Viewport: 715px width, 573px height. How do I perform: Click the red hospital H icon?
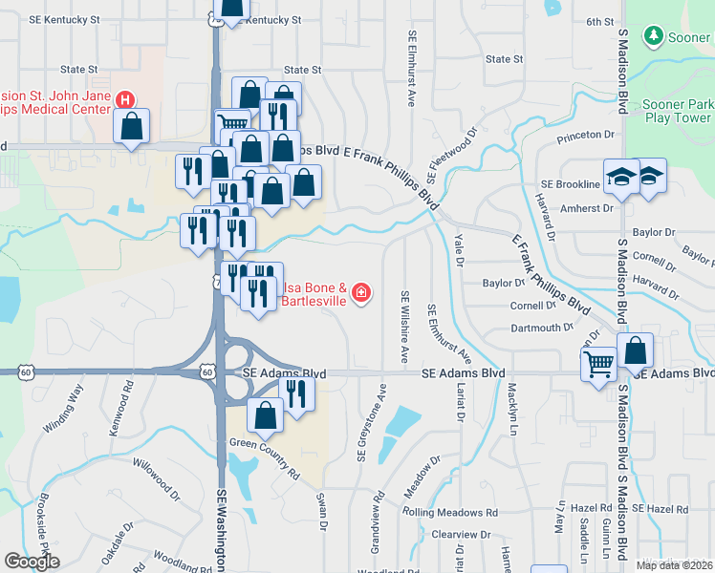[x=124, y=99]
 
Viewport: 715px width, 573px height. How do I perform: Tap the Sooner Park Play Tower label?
[x=679, y=111]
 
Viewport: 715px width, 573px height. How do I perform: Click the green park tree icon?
[x=654, y=36]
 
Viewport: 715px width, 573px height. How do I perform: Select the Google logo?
[x=32, y=562]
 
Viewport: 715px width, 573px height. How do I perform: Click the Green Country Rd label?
[x=264, y=457]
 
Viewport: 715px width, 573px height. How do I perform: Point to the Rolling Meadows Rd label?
[x=450, y=512]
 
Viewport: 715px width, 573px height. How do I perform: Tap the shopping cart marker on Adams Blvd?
[x=599, y=364]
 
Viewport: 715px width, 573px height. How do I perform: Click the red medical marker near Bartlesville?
[x=361, y=293]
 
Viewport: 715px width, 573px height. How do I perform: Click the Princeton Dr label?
[x=586, y=135]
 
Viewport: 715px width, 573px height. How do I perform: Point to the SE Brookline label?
[x=570, y=183]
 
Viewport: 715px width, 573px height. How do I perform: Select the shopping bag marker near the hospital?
[x=131, y=127]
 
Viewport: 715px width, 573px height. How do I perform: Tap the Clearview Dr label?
[x=460, y=535]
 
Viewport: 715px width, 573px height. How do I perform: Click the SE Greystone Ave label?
[x=372, y=423]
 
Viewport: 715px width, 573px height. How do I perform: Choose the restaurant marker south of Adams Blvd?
[x=296, y=392]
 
